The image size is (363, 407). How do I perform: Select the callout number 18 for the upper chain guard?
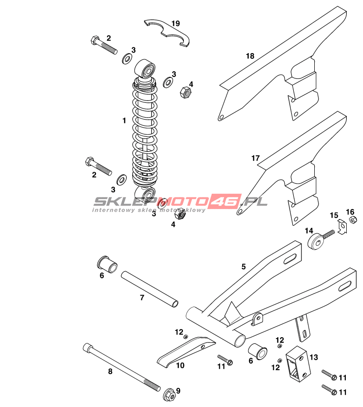(x=250, y=56)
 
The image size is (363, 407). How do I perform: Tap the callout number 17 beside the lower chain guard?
(x=256, y=158)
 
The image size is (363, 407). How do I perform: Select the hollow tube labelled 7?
(x=150, y=289)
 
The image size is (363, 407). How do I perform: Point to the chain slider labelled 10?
(x=184, y=352)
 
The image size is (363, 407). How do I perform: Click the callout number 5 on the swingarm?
(x=244, y=267)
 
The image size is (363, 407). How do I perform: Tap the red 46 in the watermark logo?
(x=224, y=202)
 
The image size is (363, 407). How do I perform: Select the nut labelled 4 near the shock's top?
(x=185, y=91)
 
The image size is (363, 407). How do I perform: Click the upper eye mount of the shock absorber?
(x=145, y=69)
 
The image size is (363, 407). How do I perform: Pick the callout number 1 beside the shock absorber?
(x=124, y=121)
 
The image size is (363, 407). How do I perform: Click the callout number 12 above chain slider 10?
(x=179, y=332)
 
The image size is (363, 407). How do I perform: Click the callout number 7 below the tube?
(x=142, y=298)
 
